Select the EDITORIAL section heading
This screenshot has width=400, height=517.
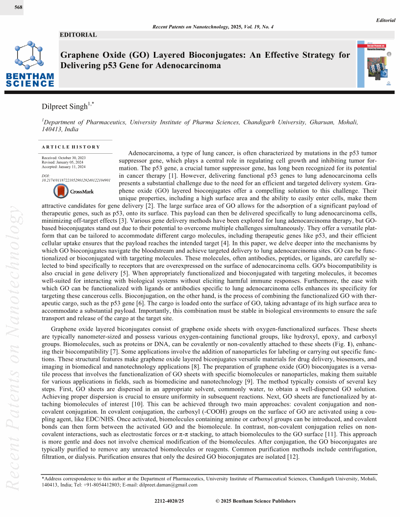pos(78,35)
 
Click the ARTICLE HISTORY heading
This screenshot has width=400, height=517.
pos(71,147)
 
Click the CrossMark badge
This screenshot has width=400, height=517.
pos(73,191)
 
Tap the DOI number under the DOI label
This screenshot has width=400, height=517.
pos(76,180)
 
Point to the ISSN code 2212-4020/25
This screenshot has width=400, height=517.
pos(169,501)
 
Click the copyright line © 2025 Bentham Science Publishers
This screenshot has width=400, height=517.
pos(255,501)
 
